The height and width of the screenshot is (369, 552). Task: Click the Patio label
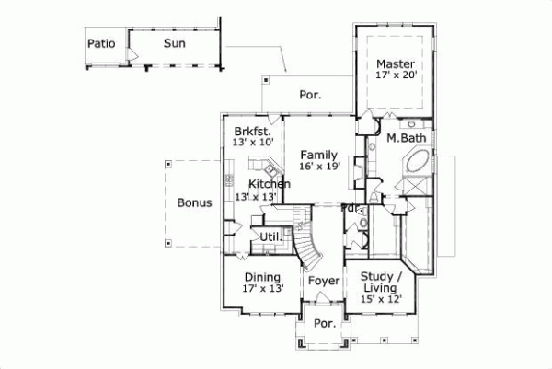coord(100,43)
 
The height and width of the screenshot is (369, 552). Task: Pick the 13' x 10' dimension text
coord(252,142)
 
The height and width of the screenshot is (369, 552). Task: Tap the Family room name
coord(319,155)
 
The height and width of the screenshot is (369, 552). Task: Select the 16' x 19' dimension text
coord(319,167)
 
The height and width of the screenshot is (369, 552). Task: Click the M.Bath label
coord(405,138)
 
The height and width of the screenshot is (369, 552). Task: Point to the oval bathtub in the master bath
coord(412,169)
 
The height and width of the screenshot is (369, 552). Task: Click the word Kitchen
coord(269,184)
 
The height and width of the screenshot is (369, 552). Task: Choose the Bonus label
coord(195,202)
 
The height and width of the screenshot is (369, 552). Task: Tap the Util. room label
coord(270,236)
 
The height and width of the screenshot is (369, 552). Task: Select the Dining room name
coord(262,277)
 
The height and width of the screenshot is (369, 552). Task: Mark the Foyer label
coord(324,280)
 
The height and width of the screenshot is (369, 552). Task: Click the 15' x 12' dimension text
coord(381,300)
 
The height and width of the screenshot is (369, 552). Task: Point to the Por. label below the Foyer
coord(323,324)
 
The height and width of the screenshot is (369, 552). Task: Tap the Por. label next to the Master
coord(310,95)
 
